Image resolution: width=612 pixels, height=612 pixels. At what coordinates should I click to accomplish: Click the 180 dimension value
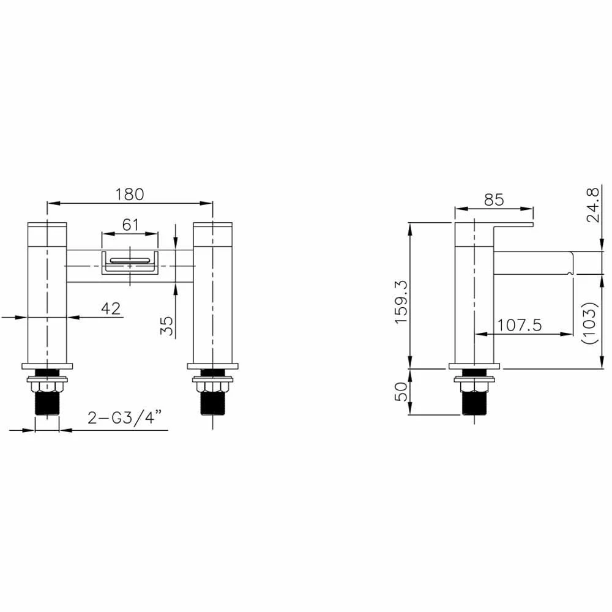click(x=130, y=194)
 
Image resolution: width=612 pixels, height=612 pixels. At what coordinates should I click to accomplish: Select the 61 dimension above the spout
click(x=130, y=225)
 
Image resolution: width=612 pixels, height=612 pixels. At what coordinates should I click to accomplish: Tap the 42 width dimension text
click(x=110, y=308)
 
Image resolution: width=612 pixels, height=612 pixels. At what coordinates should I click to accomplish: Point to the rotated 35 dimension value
click(x=166, y=325)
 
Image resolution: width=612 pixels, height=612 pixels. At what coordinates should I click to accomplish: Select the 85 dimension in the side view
click(x=493, y=200)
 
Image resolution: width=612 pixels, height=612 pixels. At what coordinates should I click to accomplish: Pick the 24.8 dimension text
click(x=591, y=205)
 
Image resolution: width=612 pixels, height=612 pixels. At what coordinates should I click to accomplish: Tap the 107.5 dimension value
click(x=519, y=325)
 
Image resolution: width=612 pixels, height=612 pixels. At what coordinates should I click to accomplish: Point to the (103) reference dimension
click(x=591, y=323)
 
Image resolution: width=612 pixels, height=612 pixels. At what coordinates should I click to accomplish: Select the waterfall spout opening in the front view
click(x=130, y=263)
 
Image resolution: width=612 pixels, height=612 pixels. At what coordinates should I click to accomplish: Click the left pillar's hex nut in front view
click(x=47, y=386)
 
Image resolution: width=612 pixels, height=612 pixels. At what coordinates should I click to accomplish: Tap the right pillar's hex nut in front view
click(x=212, y=386)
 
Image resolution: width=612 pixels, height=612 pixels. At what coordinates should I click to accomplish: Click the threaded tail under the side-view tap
click(x=474, y=405)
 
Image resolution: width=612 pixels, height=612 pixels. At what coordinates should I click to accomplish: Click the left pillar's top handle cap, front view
click(x=47, y=233)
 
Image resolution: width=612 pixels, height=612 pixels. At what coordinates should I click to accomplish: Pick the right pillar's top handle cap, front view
click(x=212, y=233)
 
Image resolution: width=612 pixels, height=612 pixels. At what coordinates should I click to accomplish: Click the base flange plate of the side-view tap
click(x=474, y=366)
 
